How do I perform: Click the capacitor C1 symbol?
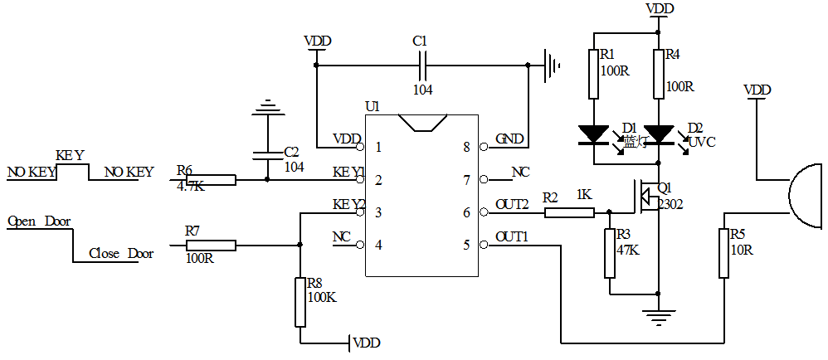coord(422,65)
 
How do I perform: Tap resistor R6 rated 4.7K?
coord(211,179)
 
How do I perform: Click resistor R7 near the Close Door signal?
coord(211,245)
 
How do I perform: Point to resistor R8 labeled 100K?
coord(300,303)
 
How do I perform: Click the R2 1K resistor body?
coord(569,212)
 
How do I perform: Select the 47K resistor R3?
coord(611,253)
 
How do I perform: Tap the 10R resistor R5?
coord(724,253)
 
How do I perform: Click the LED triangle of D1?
coord(594,134)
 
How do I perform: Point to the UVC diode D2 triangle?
coord(659,134)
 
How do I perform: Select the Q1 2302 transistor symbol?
coord(647,197)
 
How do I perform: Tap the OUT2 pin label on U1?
coord(512,204)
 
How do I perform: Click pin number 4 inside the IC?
coord(378,245)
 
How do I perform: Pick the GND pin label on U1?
coord(509,139)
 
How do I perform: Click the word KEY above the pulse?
coord(70,155)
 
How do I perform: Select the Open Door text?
coord(39,221)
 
